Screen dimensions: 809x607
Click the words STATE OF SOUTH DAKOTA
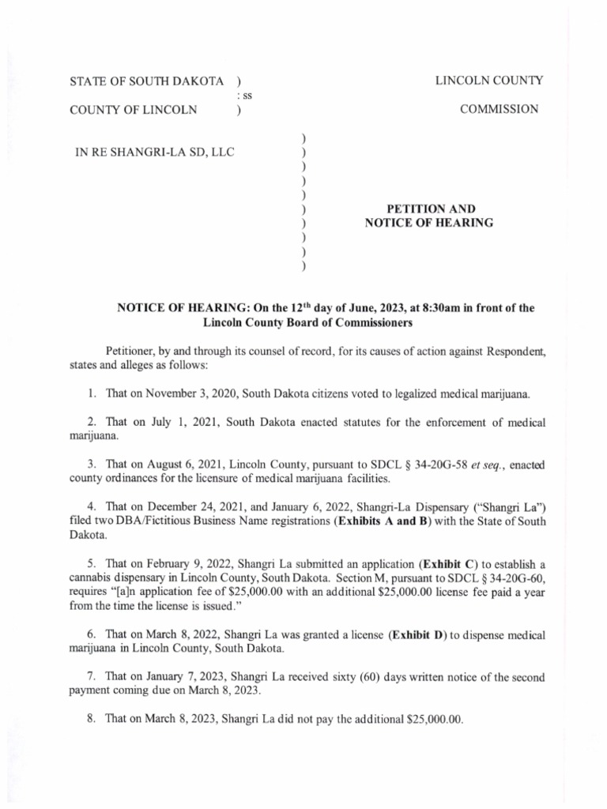148,81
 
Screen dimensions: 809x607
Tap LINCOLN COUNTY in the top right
489,80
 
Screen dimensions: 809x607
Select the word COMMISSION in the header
500,110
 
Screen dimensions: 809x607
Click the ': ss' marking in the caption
243,96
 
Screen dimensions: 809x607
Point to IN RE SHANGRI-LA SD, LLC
154,152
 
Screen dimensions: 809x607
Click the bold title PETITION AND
429,209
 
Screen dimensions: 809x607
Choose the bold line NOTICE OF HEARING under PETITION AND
429,224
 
